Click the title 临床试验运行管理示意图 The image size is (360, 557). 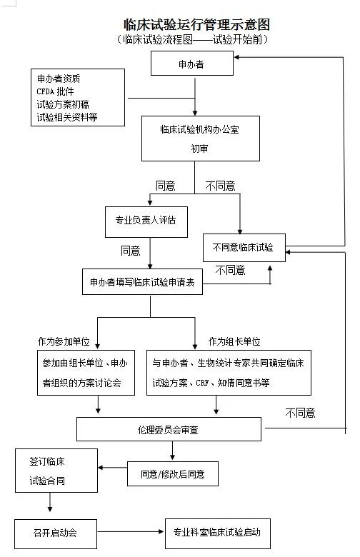(x=196, y=24)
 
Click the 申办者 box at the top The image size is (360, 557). (x=192, y=64)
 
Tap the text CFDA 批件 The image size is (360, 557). (x=55, y=91)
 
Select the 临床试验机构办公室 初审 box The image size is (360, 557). (x=201, y=139)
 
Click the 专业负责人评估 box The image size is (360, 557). (x=146, y=222)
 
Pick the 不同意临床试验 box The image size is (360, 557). (x=244, y=248)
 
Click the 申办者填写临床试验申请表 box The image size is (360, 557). (x=142, y=281)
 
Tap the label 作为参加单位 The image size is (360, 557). (x=64, y=342)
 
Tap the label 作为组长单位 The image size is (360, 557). (x=234, y=342)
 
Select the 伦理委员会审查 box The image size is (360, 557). (x=169, y=429)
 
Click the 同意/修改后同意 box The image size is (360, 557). (x=173, y=474)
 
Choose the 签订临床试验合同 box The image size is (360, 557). (x=56, y=471)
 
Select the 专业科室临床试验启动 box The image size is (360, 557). (x=217, y=533)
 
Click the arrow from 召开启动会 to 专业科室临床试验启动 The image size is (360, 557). (x=130, y=532)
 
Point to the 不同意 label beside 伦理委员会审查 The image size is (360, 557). (x=300, y=413)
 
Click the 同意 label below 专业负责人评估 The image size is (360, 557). (x=131, y=251)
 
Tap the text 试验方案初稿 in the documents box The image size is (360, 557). (x=63, y=104)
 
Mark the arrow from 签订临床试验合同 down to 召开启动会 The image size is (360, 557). (x=50, y=502)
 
